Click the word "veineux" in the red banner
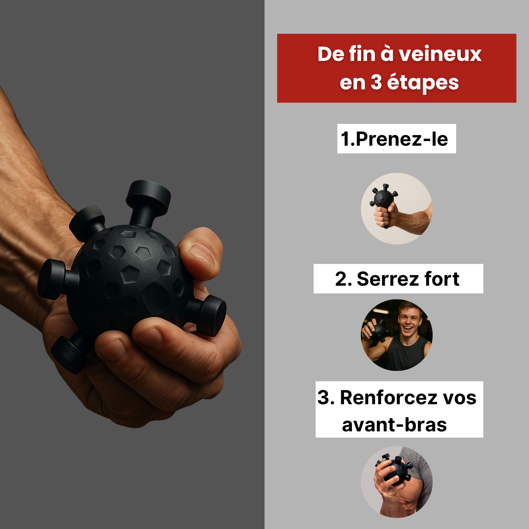[440, 54]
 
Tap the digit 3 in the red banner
[376, 82]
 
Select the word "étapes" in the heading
[423, 83]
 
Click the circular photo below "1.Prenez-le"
[396, 209]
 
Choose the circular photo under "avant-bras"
[396, 482]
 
